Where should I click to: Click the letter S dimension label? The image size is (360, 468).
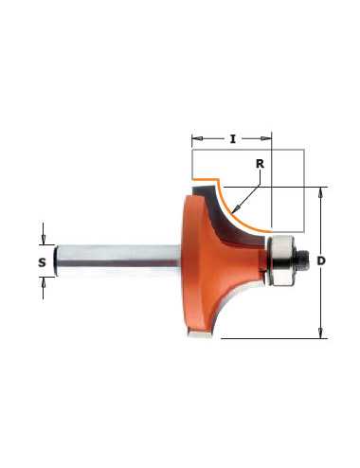[x=42, y=262]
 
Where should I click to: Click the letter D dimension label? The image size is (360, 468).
[x=321, y=261]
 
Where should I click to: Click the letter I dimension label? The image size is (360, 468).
[x=233, y=139]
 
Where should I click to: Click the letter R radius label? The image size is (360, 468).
[x=260, y=164]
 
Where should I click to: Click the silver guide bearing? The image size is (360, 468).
[x=280, y=261]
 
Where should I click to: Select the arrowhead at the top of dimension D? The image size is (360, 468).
[x=321, y=192]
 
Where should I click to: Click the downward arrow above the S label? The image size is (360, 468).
[x=44, y=239]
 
